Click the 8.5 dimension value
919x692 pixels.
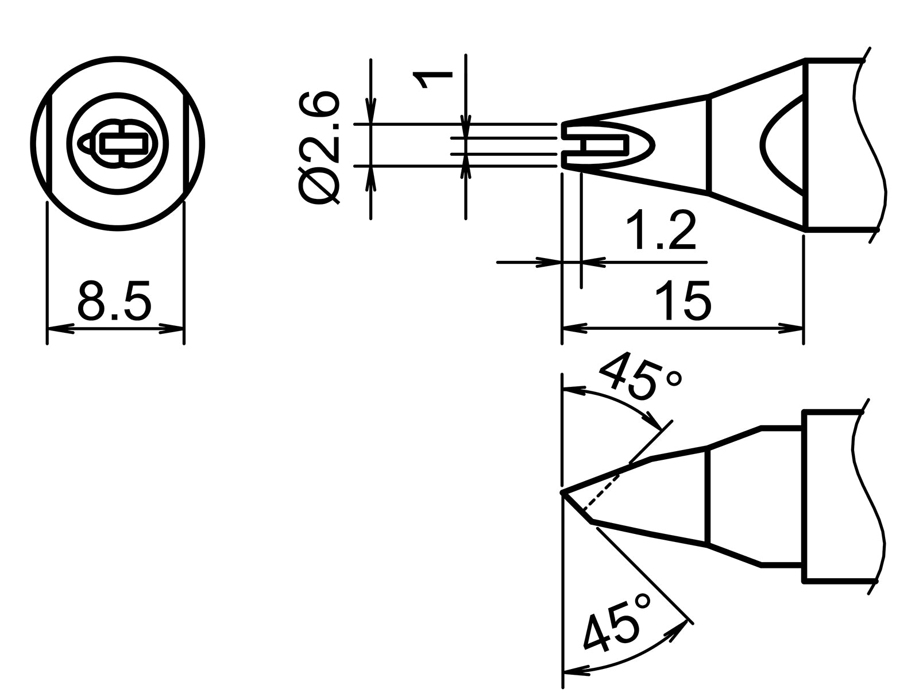(114, 301)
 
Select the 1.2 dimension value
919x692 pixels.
(661, 231)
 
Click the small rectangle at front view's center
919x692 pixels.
(122, 143)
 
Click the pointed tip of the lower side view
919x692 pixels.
(563, 493)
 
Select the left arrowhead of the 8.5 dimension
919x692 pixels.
(61, 329)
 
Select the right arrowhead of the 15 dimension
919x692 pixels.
(790, 329)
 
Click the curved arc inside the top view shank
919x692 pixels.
(770, 144)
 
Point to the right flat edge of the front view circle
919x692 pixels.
(185, 144)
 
